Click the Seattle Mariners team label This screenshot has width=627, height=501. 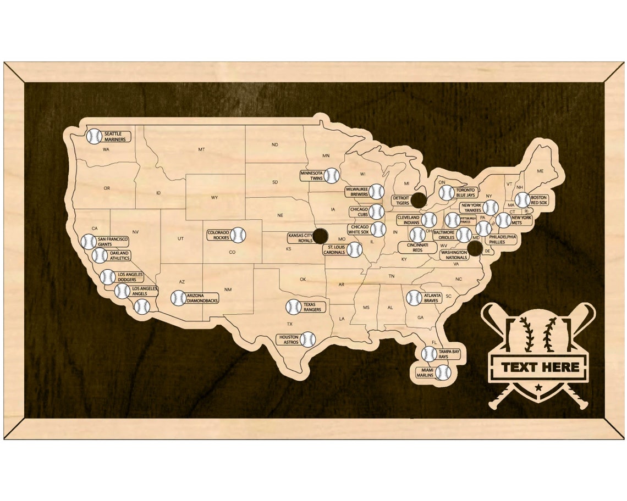(116, 136)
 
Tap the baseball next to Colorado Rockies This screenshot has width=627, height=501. (238, 235)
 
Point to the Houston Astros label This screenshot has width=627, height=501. (289, 339)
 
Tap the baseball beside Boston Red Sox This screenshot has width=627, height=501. (522, 200)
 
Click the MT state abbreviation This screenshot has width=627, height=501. (201, 149)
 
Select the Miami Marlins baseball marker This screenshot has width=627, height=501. (443, 372)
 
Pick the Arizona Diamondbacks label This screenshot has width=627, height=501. (202, 298)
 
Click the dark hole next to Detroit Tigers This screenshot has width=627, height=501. (419, 201)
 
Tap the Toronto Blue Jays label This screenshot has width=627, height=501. (465, 192)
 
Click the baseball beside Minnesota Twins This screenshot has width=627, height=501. (332, 175)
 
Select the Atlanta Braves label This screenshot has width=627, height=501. (432, 298)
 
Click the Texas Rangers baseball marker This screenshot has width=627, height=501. (293, 307)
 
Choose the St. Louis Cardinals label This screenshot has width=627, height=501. (334, 250)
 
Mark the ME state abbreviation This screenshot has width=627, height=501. (540, 171)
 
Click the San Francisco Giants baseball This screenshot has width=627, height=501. (89, 242)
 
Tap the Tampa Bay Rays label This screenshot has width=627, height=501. (449, 354)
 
